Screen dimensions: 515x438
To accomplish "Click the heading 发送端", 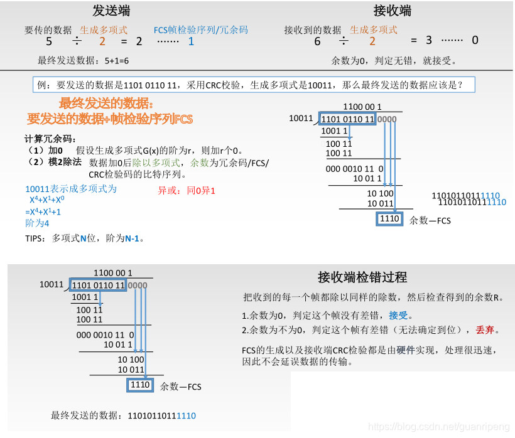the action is click(x=111, y=11).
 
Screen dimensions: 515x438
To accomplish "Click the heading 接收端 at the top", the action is click(x=393, y=11).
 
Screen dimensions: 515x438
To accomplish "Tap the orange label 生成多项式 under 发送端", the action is click(x=104, y=30).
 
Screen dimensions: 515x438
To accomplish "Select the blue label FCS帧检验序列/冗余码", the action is click(x=201, y=30).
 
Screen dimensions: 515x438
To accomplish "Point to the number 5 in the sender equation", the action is click(x=49, y=42).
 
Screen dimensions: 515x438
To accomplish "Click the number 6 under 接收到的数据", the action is click(x=317, y=42).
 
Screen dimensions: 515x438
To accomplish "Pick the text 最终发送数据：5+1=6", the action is click(x=84, y=61).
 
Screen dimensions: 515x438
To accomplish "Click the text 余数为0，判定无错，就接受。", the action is click(x=394, y=61).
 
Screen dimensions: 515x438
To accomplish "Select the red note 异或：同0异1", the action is click(x=187, y=190).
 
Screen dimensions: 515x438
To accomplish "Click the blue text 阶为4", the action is click(x=37, y=223).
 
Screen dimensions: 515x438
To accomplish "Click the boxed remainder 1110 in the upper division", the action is click(x=389, y=219).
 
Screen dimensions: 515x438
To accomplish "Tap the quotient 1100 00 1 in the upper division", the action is click(x=362, y=107).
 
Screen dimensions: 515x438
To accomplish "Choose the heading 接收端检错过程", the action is click(x=362, y=277).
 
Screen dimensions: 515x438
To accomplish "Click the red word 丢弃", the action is click(x=485, y=329).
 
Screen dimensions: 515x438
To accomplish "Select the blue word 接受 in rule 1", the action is click(x=398, y=315).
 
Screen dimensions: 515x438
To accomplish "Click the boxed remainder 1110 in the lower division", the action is click(x=140, y=385).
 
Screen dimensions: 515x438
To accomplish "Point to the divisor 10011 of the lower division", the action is click(x=51, y=285).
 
